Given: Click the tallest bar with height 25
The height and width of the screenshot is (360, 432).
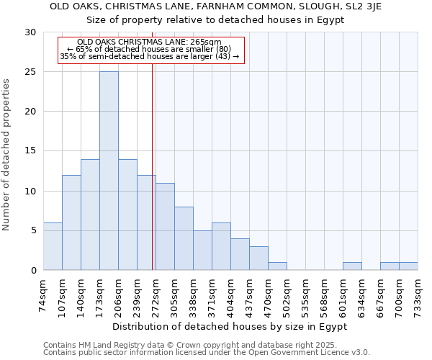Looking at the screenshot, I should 109,171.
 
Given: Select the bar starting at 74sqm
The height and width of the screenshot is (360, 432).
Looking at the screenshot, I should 53,246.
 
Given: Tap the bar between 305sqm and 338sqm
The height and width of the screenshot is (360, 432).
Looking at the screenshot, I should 184,238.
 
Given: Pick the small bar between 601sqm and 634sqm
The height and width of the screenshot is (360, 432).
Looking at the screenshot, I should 352,266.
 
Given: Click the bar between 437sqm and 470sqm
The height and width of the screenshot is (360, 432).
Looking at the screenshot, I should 258,258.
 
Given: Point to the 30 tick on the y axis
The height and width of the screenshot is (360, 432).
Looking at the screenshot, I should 30,32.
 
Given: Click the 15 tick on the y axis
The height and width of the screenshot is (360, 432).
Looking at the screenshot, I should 30,151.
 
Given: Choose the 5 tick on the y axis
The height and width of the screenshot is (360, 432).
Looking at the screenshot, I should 33,231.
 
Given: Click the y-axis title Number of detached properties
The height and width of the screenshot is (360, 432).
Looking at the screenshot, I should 7,155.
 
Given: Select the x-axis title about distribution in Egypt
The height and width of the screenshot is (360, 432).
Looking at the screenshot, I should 230,326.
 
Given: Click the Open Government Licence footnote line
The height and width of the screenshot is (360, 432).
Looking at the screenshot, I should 207,353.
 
